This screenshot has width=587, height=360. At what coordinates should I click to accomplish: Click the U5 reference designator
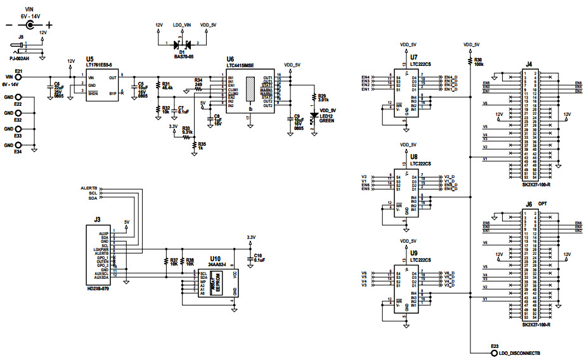pyautogui.click(x=89, y=58)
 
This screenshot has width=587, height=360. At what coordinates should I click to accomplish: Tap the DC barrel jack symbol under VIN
pyautogui.click(x=29, y=25)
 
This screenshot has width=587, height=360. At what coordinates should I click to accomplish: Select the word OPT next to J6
pyautogui.click(x=543, y=204)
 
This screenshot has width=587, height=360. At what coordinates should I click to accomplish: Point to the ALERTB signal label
pyautogui.click(x=89, y=188)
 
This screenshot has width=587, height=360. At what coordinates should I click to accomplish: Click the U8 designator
pyautogui.click(x=414, y=156)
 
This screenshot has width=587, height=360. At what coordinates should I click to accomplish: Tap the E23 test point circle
pyautogui.click(x=493, y=352)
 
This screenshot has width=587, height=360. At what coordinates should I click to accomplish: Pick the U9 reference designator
pyautogui.click(x=414, y=253)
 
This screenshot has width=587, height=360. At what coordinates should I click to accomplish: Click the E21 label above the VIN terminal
pyautogui.click(x=18, y=71)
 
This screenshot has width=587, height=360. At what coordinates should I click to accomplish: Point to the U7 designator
pyautogui.click(x=414, y=58)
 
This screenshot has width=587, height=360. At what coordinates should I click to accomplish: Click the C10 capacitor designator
pyautogui.click(x=258, y=255)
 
